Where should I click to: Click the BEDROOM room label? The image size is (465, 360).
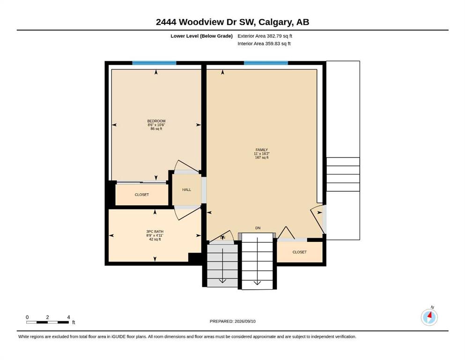pos(156,121)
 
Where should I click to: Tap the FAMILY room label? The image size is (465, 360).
pos(262,150)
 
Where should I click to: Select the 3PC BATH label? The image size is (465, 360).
pos(155,232)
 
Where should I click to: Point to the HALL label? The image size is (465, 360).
pos(186,190)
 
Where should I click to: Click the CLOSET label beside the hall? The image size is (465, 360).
pos(142,195)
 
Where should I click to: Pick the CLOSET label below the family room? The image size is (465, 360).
pos(300,252)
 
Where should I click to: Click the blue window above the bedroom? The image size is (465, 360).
pos(154,63)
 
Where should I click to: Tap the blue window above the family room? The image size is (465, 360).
pos(266,63)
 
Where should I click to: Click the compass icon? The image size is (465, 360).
pos(429,317)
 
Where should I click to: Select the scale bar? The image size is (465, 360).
pos(47,322)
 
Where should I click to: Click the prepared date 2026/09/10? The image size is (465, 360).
pos(245,321)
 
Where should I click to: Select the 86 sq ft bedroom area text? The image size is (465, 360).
pos(156,129)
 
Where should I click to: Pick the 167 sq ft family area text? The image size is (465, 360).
pos(262,157)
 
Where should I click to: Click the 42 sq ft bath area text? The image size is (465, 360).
pos(155,239)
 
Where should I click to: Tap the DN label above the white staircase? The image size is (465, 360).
pos(258,228)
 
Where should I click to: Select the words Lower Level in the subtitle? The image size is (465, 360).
pos(185,36)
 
